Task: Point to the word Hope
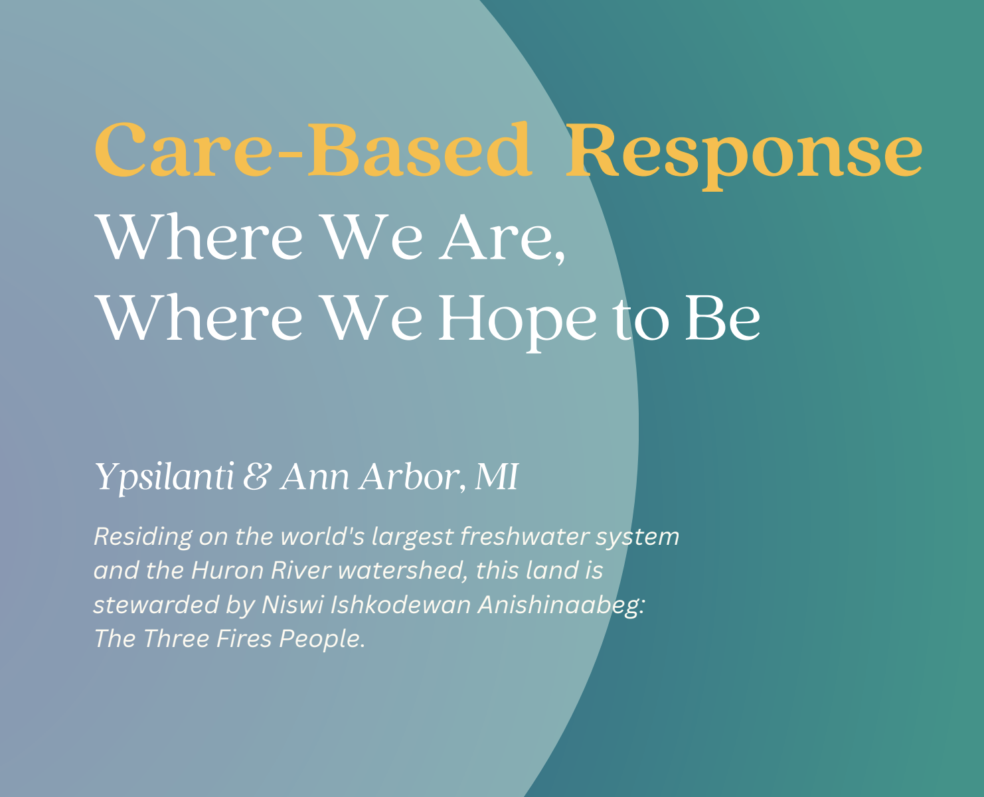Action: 518,319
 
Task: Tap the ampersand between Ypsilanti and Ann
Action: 256,477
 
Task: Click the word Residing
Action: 143,537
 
